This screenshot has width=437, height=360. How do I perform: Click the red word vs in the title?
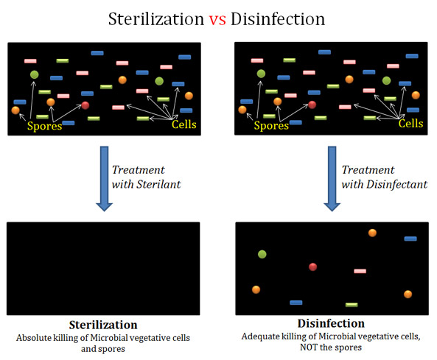(217, 20)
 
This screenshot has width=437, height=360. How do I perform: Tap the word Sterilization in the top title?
(156, 19)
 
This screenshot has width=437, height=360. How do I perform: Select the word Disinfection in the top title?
(278, 19)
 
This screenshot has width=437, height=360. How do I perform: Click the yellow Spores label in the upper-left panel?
(45, 126)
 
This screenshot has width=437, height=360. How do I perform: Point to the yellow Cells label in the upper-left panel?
(184, 124)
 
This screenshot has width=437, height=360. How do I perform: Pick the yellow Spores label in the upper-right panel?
(271, 126)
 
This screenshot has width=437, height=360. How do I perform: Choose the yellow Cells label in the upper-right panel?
(410, 124)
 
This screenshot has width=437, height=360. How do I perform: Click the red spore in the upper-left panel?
(85, 105)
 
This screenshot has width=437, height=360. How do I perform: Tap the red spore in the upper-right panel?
(312, 105)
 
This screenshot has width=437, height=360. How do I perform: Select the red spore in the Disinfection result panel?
(313, 267)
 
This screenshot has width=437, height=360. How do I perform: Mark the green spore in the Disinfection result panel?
(262, 254)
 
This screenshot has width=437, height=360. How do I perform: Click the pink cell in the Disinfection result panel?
(360, 271)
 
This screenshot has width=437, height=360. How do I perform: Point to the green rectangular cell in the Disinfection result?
(352, 305)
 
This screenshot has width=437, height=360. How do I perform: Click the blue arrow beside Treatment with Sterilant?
(104, 179)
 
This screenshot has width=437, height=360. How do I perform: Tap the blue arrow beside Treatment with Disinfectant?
(332, 179)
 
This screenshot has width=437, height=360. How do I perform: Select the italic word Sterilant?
(158, 184)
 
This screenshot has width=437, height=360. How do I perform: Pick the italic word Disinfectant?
(397, 184)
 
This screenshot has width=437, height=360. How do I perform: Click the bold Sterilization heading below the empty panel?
(103, 325)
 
